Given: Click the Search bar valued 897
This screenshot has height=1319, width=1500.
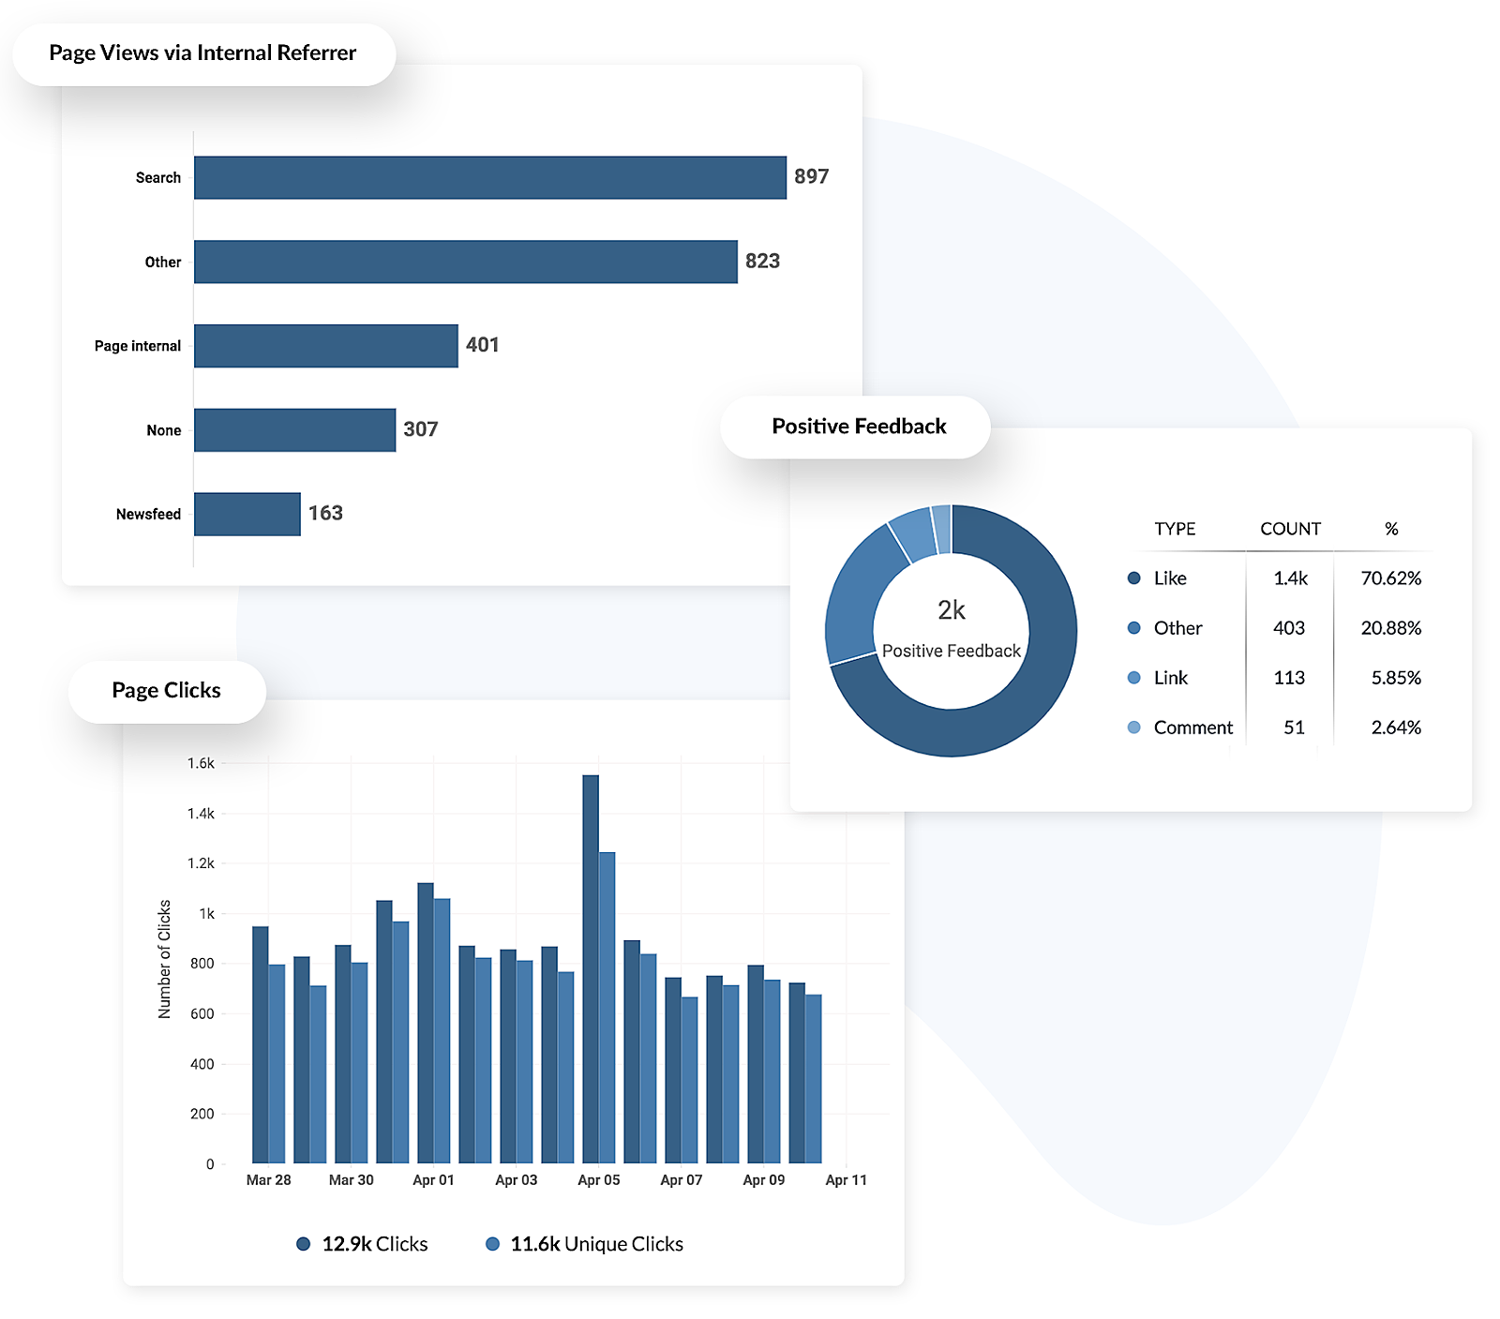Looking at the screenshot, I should [x=489, y=177].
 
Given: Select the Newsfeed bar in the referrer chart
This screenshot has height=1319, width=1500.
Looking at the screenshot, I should [x=247, y=514].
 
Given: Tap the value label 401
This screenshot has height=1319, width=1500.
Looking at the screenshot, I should [x=482, y=345].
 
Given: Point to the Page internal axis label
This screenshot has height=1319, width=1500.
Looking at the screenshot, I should [x=137, y=346].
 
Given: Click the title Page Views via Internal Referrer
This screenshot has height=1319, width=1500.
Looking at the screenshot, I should [x=202, y=52].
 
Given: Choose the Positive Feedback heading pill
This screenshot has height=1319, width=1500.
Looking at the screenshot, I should [x=859, y=427].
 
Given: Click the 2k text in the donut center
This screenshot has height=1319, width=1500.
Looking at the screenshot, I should [x=951, y=610].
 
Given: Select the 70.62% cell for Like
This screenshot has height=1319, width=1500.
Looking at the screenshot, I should [x=1390, y=578].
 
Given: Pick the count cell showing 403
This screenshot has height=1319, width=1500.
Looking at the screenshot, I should [x=1289, y=628].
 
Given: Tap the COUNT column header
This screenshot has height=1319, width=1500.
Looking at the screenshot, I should [x=1290, y=529].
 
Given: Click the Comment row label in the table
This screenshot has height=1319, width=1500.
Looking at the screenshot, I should [x=1192, y=727].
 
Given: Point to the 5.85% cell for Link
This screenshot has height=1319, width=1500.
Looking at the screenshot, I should [x=1396, y=678].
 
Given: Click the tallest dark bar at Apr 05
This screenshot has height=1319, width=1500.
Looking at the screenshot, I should [x=591, y=966].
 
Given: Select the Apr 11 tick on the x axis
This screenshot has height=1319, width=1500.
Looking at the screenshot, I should [x=846, y=1180].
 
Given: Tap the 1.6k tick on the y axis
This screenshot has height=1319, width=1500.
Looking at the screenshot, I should [x=201, y=763].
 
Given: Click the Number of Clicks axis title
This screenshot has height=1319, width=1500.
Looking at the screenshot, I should [x=165, y=959].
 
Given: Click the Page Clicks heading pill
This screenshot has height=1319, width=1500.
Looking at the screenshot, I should [x=167, y=691].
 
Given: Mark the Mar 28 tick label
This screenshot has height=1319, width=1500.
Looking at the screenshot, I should [x=268, y=1180].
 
